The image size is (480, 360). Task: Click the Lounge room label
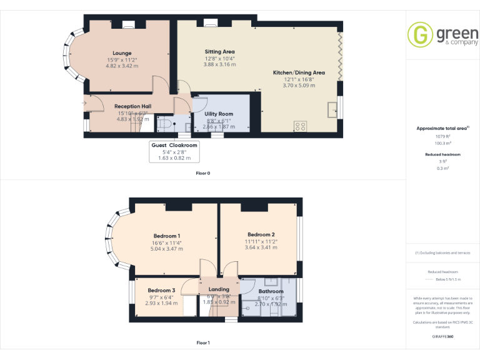(122, 53)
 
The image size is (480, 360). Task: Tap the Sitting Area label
(219, 51)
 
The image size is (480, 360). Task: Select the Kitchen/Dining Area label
(299, 72)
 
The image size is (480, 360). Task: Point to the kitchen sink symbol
(332, 108)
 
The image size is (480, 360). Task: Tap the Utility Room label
(219, 114)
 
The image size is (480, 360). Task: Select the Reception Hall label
(132, 106)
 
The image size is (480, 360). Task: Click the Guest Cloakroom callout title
(174, 145)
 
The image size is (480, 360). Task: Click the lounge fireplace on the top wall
(128, 25)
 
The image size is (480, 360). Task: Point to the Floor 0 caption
(203, 173)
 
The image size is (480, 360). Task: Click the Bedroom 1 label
(167, 235)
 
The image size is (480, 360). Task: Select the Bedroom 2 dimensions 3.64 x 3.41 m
(261, 247)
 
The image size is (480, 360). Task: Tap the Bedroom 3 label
(161, 291)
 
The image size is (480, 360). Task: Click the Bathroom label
(271, 291)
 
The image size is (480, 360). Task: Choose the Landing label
(219, 289)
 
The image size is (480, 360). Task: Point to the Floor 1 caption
(203, 343)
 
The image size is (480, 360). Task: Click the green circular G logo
(421, 34)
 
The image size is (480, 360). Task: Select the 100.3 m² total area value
(443, 143)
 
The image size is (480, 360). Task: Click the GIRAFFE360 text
(443, 336)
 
